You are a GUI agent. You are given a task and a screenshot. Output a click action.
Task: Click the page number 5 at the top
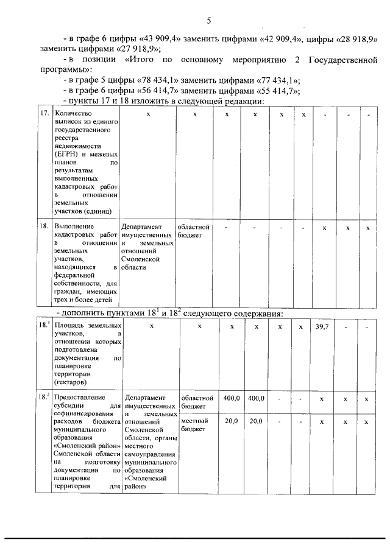(x=208, y=21)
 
